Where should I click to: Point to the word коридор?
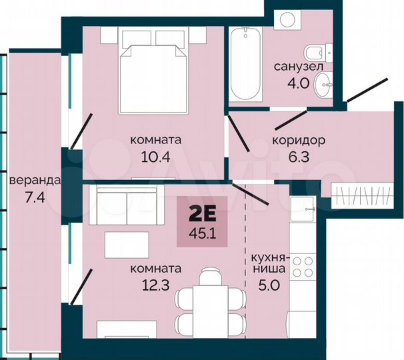(298, 141)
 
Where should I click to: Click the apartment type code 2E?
(202, 215)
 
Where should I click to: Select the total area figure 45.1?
(202, 233)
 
